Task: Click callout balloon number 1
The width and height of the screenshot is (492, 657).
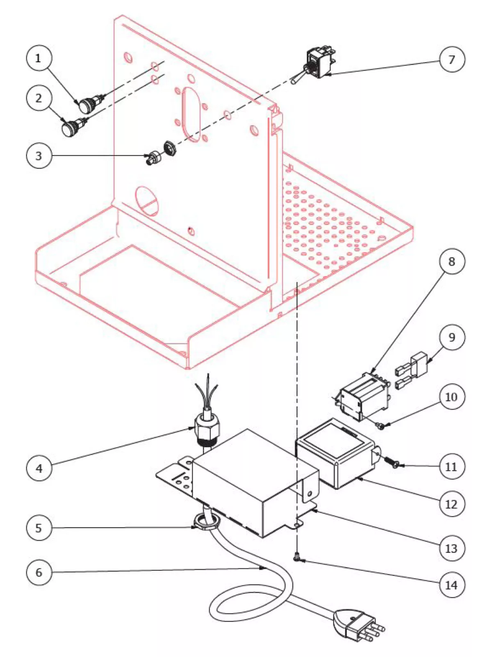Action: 39,58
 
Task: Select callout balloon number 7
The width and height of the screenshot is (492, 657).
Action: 452,60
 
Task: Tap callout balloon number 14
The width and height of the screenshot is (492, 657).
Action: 451,585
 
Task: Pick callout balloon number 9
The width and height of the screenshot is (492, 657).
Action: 452,337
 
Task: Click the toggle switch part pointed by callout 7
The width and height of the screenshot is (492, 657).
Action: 320,64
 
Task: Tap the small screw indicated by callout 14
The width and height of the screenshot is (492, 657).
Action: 297,558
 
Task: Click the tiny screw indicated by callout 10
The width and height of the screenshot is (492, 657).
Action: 381,427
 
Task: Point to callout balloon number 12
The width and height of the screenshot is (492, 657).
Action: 451,503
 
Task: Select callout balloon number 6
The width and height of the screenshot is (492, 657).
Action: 39,572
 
